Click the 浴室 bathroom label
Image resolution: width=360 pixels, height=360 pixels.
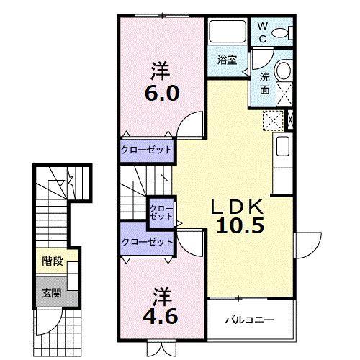pos(227,60)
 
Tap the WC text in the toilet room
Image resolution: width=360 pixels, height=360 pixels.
pos(264,31)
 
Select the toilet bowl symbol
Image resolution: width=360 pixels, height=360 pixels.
pos(287,32)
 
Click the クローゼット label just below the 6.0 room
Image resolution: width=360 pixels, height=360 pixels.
pos(147,150)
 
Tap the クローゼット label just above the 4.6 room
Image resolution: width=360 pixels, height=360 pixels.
pos(147,242)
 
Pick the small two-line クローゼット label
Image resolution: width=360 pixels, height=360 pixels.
pos(161,212)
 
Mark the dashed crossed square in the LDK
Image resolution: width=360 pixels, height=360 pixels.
pos(273,121)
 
